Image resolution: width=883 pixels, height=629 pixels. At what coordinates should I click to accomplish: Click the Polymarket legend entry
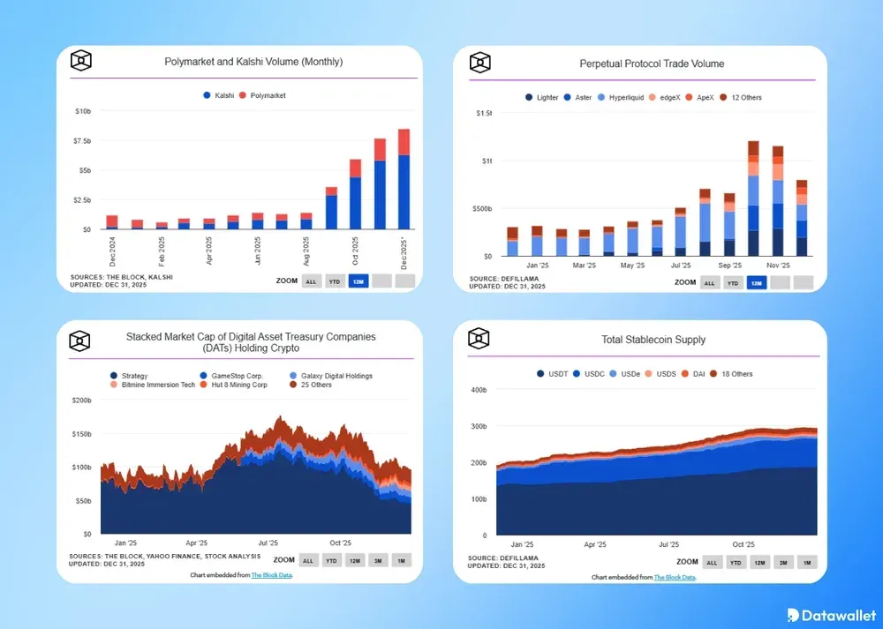tap(268, 95)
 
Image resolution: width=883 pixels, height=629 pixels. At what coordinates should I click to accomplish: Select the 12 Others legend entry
tap(741, 97)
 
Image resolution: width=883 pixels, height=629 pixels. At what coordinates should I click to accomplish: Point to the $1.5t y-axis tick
tap(484, 113)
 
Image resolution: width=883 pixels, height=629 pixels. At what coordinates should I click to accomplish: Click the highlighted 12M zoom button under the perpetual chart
tap(756, 283)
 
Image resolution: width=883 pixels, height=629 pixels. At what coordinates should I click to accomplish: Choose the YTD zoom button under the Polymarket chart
tap(335, 281)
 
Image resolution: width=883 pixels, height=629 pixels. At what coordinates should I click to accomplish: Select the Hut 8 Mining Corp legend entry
tap(236, 385)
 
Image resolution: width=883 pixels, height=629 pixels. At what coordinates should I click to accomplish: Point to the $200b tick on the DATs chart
tap(80, 401)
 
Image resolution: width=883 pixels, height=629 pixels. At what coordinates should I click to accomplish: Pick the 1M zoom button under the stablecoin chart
tap(807, 562)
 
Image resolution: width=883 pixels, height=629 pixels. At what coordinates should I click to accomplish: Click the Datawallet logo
tap(831, 614)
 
